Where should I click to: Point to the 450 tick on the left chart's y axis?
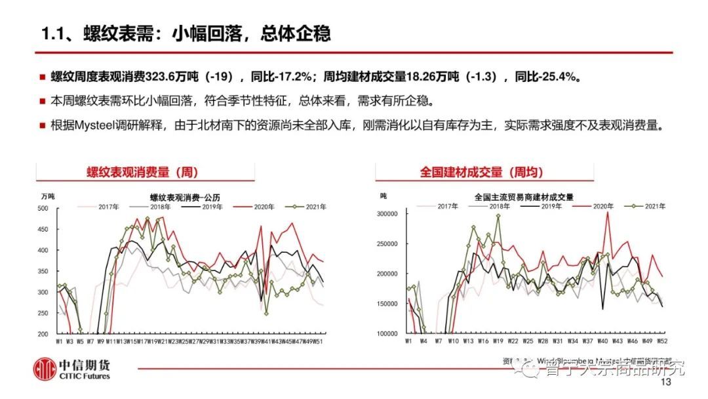43,230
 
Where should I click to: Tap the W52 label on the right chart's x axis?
663,342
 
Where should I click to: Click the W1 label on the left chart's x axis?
60,342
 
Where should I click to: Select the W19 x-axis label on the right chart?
498,342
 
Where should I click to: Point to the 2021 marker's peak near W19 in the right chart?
498,216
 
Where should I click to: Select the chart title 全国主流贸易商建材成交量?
524,196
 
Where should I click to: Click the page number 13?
667,383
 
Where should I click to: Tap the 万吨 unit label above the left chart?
47,196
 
